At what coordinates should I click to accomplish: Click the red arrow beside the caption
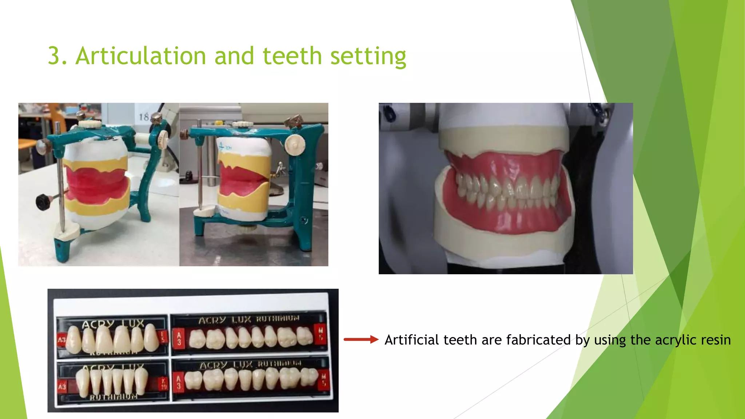[x=361, y=340]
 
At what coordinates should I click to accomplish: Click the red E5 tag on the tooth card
[x=163, y=337]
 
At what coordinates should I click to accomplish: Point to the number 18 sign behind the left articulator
[x=144, y=117]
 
